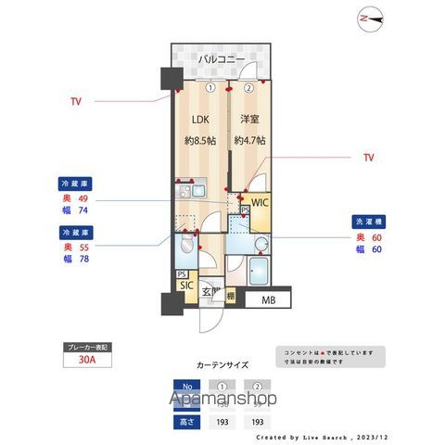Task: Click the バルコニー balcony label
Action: pyautogui.click(x=221, y=60)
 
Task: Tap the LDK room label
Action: pyautogui.click(x=201, y=121)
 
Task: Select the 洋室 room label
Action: pyautogui.click(x=248, y=121)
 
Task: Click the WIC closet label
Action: pyautogui.click(x=260, y=201)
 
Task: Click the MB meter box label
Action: pyautogui.click(x=269, y=299)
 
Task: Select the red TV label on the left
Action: pyautogui.click(x=75, y=100)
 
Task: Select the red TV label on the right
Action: pyautogui.click(x=368, y=159)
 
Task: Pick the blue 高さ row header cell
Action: pyautogui.click(x=188, y=422)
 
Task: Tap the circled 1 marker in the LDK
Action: pyautogui.click(x=211, y=89)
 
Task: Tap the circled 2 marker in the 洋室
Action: pyautogui.click(x=248, y=89)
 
